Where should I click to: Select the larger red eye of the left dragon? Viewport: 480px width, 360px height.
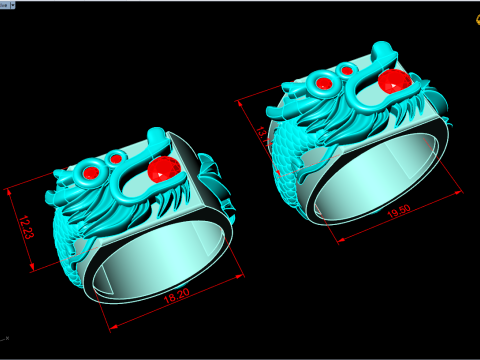click(91, 173)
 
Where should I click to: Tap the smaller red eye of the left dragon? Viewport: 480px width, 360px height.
click(116, 158)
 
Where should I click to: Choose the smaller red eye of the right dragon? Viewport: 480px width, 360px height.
click(346, 71)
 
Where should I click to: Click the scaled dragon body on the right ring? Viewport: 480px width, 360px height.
click(290, 160)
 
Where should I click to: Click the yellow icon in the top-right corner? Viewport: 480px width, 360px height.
click(471, 5)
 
